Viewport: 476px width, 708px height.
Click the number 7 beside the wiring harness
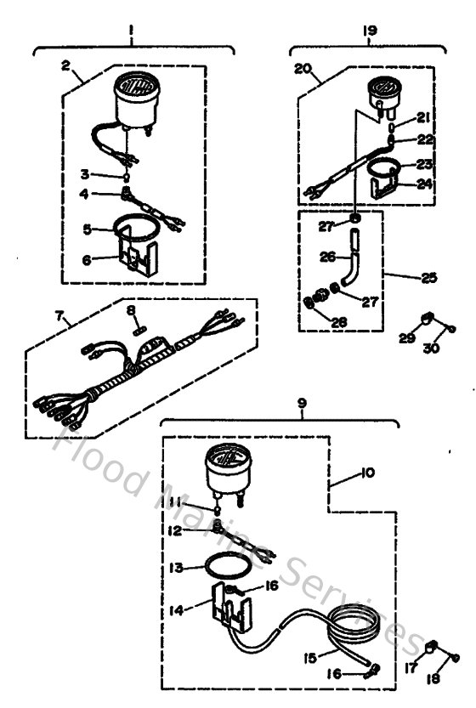click(59, 315)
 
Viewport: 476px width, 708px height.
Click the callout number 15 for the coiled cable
click(312, 657)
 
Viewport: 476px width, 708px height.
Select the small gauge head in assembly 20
click(382, 89)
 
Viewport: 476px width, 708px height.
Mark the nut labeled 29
click(428, 320)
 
